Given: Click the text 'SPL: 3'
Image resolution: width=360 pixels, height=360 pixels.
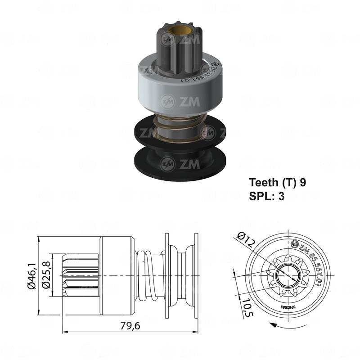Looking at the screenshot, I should pyautogui.click(x=266, y=196).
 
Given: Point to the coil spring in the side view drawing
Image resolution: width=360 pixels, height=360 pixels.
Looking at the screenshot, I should pyautogui.click(x=149, y=274).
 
